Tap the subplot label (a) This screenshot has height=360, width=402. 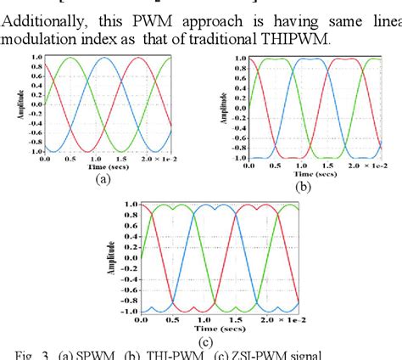pos(103,179)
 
